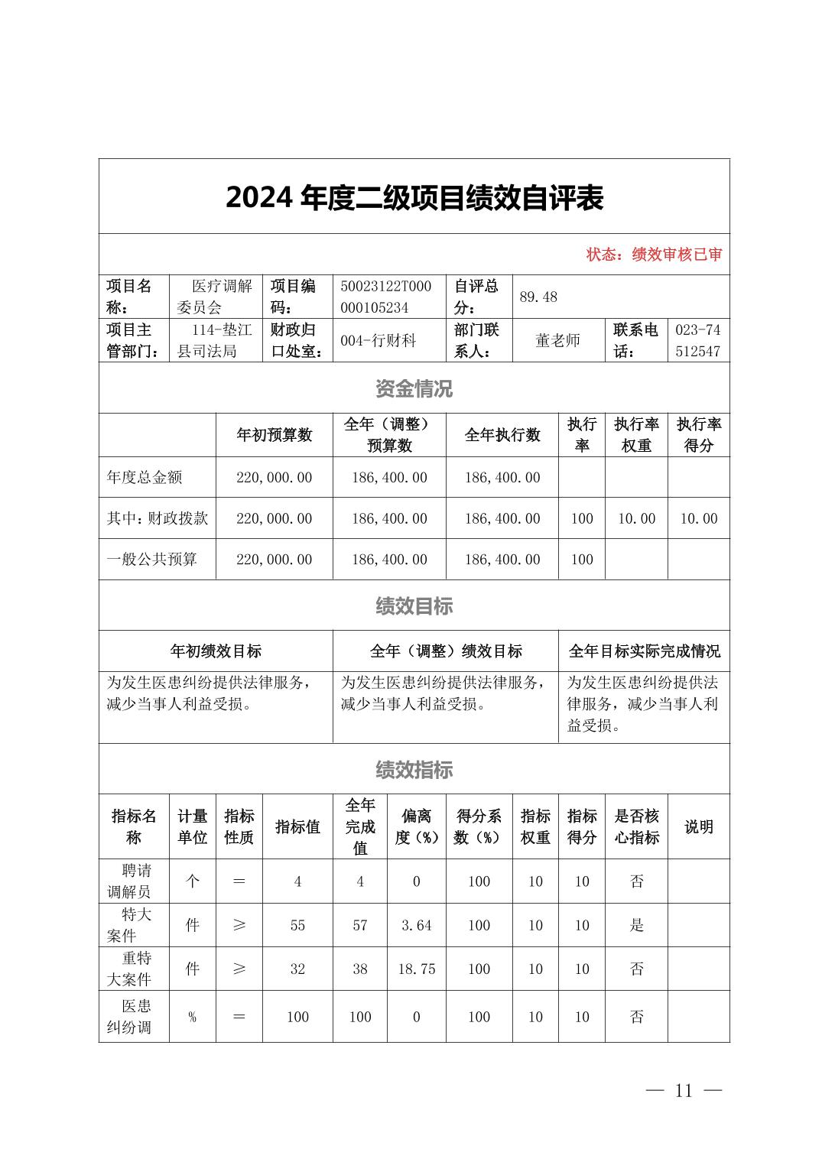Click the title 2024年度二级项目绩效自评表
click(414, 197)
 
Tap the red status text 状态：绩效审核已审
click(654, 255)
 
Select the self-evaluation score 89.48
click(538, 297)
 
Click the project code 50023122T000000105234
click(385, 297)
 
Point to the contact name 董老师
click(557, 340)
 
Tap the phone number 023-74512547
click(697, 340)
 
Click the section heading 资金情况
click(414, 388)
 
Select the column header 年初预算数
click(275, 435)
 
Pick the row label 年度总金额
click(145, 477)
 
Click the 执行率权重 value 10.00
click(636, 518)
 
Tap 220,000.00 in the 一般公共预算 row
click(275, 559)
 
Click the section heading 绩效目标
click(414, 606)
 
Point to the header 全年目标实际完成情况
click(644, 651)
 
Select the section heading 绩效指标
click(414, 770)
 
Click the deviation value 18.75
click(417, 969)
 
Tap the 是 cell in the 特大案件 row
click(636, 925)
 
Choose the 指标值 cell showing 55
click(297, 925)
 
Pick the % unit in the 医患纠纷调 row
click(192, 1017)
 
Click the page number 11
click(684, 1090)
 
